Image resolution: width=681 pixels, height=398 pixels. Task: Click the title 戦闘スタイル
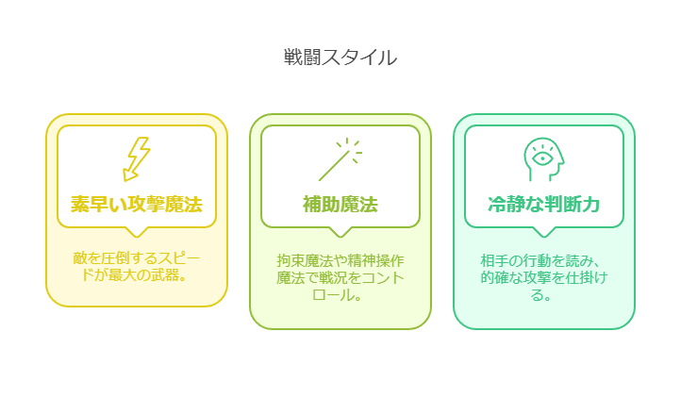pos(340,58)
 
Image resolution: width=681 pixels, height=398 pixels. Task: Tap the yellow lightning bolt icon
pos(136,159)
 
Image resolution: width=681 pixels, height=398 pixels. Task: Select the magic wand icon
pos(340,159)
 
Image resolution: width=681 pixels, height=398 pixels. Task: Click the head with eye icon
pos(543,159)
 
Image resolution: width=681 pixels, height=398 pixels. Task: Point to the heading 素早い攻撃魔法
pos(137,205)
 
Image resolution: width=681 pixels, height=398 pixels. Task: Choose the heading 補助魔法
pos(340,205)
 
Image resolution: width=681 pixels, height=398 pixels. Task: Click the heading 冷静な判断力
pos(543,205)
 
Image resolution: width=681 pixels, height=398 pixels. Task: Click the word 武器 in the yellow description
pos(165,275)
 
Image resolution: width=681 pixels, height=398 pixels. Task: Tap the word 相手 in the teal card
pos(494,260)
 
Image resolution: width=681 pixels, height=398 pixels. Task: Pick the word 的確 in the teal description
pos(494,277)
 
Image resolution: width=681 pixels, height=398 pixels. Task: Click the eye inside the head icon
pos(542,158)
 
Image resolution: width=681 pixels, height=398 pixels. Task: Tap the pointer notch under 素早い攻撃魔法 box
pos(137,232)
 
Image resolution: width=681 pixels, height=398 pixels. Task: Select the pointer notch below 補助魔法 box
pos(340,232)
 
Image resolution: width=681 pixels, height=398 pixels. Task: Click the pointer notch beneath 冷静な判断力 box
pos(543,232)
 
